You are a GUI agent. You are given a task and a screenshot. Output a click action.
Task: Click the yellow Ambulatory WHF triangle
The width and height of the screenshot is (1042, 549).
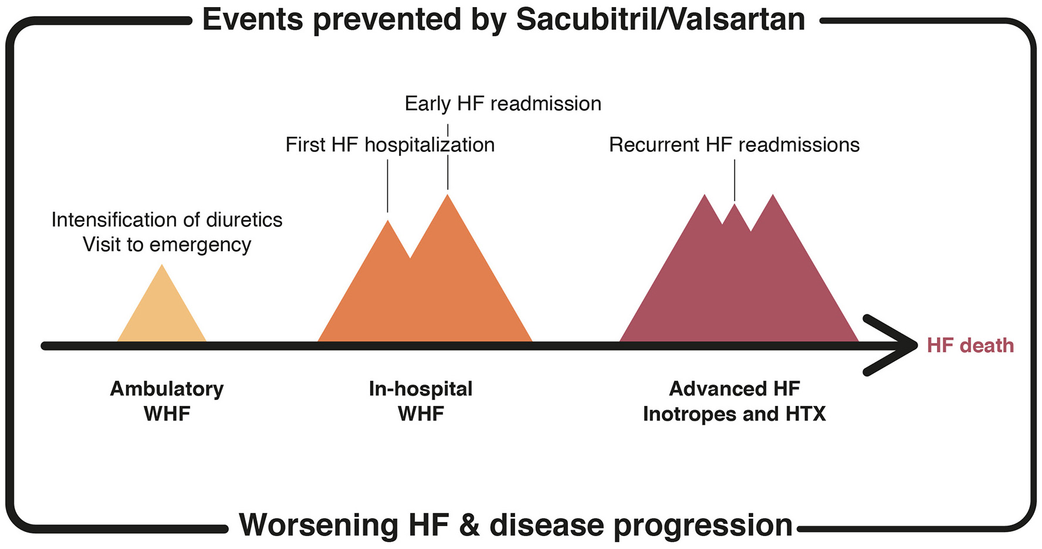click(x=162, y=311)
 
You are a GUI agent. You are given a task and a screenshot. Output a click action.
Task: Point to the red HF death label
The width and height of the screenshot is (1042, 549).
click(x=970, y=345)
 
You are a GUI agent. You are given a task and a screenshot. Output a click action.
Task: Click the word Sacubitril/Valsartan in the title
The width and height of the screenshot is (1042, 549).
click(x=661, y=19)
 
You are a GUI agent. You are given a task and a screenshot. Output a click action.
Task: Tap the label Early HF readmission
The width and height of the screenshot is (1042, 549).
click(x=503, y=104)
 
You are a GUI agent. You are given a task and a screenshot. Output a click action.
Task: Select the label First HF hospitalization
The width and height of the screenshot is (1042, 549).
click(x=390, y=145)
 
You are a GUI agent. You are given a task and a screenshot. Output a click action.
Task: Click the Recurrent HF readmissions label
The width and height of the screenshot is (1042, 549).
click(x=734, y=145)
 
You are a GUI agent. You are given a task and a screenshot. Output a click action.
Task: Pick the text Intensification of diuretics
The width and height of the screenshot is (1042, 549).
click(x=167, y=220)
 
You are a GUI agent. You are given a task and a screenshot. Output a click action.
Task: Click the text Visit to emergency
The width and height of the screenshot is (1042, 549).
click(x=167, y=245)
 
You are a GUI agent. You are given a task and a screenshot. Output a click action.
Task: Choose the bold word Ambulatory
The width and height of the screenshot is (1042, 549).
click(x=167, y=389)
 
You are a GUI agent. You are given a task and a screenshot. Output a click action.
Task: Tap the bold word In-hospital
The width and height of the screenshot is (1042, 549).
click(x=421, y=389)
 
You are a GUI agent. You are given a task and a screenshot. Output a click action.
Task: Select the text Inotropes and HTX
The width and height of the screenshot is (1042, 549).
click(x=734, y=414)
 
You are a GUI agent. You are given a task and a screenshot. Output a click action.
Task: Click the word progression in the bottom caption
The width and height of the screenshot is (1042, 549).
click(x=700, y=526)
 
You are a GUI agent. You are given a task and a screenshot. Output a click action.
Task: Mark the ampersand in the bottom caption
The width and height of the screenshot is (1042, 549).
click(x=469, y=524)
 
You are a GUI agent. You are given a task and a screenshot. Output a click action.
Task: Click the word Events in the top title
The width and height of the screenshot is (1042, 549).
click(x=253, y=19)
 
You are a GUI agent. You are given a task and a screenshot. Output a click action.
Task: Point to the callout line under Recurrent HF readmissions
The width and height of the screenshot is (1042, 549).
click(x=735, y=181)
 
